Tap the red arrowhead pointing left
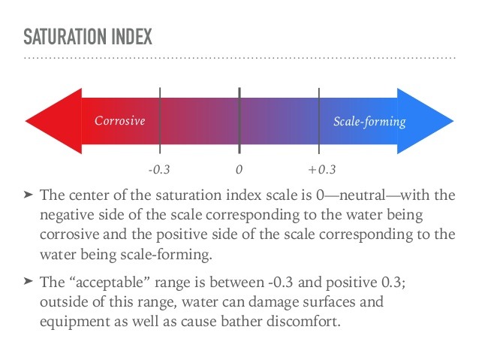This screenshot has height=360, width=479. [53, 120]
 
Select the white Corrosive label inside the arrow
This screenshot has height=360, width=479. [119, 121]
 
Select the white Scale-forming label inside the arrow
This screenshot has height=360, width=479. [369, 121]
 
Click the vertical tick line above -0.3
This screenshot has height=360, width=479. [159, 120]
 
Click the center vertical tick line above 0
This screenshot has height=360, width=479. [239, 120]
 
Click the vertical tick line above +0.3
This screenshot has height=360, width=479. [319, 120]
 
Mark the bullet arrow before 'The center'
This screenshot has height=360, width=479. [29, 195]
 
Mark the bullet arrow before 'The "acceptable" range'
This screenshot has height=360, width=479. [29, 281]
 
